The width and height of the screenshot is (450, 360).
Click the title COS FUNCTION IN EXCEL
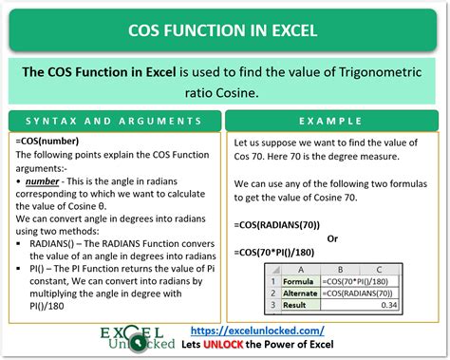[223, 30]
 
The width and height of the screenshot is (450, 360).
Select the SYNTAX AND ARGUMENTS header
[114, 121]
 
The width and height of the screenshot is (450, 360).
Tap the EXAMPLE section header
[330, 121]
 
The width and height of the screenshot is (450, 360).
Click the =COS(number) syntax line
[47, 141]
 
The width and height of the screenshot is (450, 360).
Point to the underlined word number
[42, 181]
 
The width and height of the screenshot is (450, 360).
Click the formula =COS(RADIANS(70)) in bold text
[277, 225]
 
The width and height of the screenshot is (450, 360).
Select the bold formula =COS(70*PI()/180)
[274, 253]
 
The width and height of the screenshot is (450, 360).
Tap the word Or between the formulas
[332, 238]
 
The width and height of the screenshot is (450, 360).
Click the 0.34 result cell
[360, 305]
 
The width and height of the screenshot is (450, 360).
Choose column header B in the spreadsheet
[340, 270]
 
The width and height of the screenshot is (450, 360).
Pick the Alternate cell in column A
[300, 294]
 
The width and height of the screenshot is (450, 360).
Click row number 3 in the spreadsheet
[273, 305]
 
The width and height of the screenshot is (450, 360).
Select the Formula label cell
[298, 281]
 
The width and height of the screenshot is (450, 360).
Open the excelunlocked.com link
[257, 331]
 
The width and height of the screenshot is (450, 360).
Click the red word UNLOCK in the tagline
[223, 344]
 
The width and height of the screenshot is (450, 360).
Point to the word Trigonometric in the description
[381, 72]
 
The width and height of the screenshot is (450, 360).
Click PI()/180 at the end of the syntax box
[47, 306]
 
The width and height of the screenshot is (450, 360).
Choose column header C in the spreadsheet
[379, 270]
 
